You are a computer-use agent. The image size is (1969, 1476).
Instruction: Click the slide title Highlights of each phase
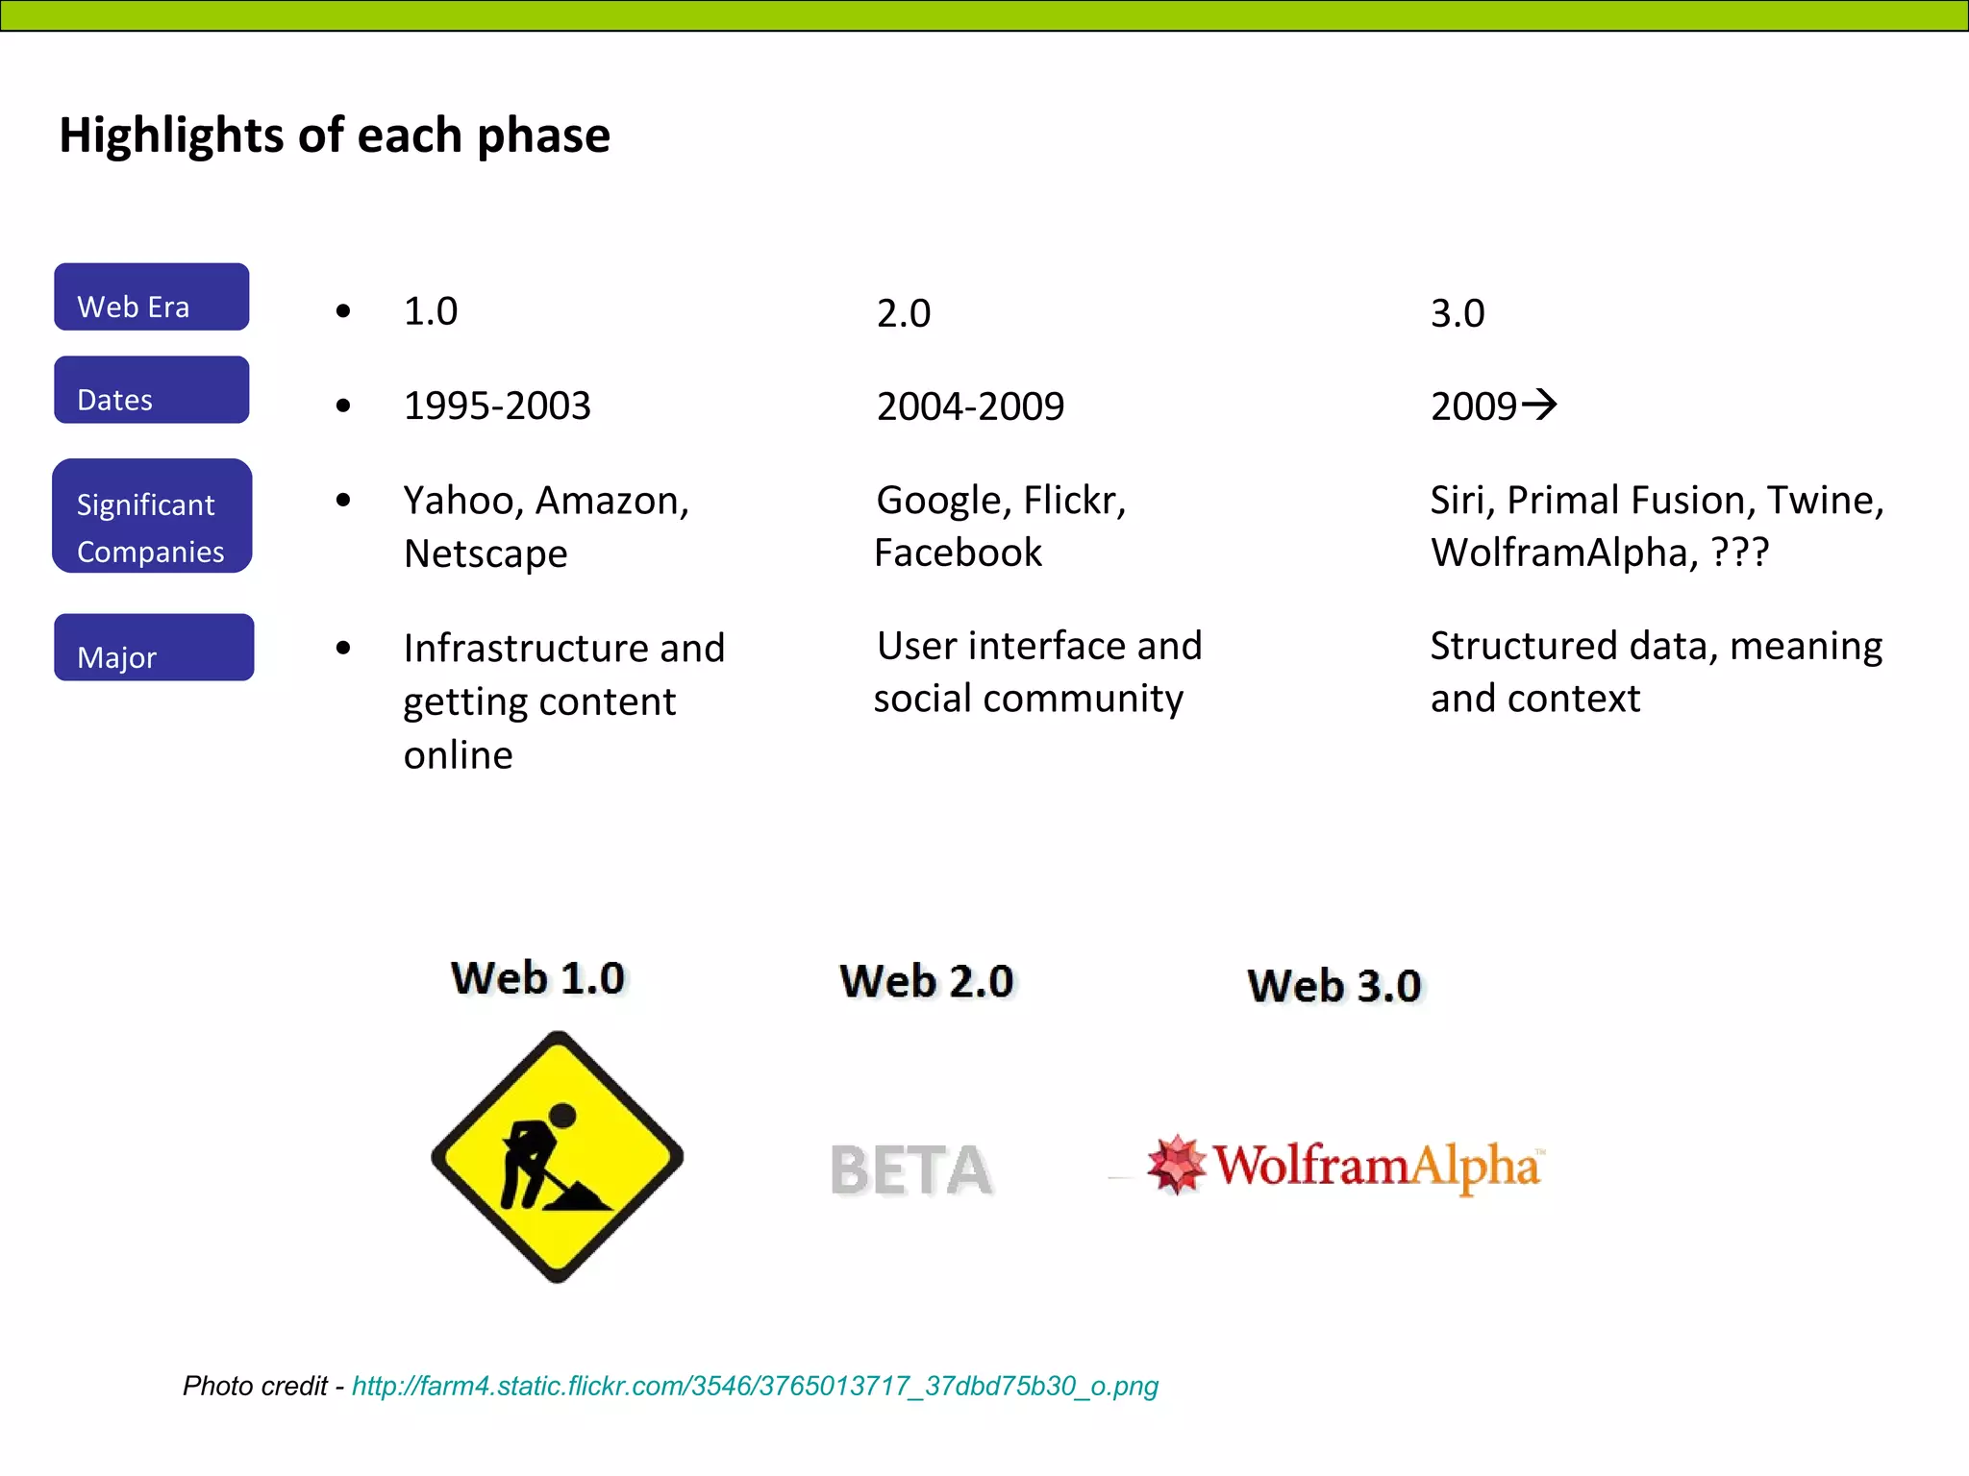[335, 135]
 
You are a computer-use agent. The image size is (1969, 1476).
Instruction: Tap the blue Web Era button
[152, 297]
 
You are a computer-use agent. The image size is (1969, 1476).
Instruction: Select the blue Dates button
[152, 390]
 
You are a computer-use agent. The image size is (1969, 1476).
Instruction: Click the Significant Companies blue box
[152, 516]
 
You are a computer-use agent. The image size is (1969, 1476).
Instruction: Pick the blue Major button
[154, 648]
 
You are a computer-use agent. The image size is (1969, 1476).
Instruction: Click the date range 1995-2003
[497, 406]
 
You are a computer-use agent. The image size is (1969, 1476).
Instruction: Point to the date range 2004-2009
[970, 407]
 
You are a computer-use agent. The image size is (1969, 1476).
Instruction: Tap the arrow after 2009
[1539, 404]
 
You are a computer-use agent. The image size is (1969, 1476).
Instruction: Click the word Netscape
[486, 554]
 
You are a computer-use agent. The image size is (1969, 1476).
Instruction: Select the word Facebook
[959, 553]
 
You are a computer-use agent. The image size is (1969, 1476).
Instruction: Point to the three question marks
[1740, 553]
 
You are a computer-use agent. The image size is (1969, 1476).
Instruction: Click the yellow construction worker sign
[558, 1156]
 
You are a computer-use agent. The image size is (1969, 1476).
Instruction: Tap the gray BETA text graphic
[910, 1170]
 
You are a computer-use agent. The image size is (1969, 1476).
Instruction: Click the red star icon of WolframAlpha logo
[1176, 1165]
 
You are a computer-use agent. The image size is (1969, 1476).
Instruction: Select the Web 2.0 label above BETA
[927, 981]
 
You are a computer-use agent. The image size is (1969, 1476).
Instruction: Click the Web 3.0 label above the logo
[1334, 986]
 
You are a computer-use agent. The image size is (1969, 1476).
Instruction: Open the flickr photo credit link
[755, 1386]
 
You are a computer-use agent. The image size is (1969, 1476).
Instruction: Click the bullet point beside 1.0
[343, 311]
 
